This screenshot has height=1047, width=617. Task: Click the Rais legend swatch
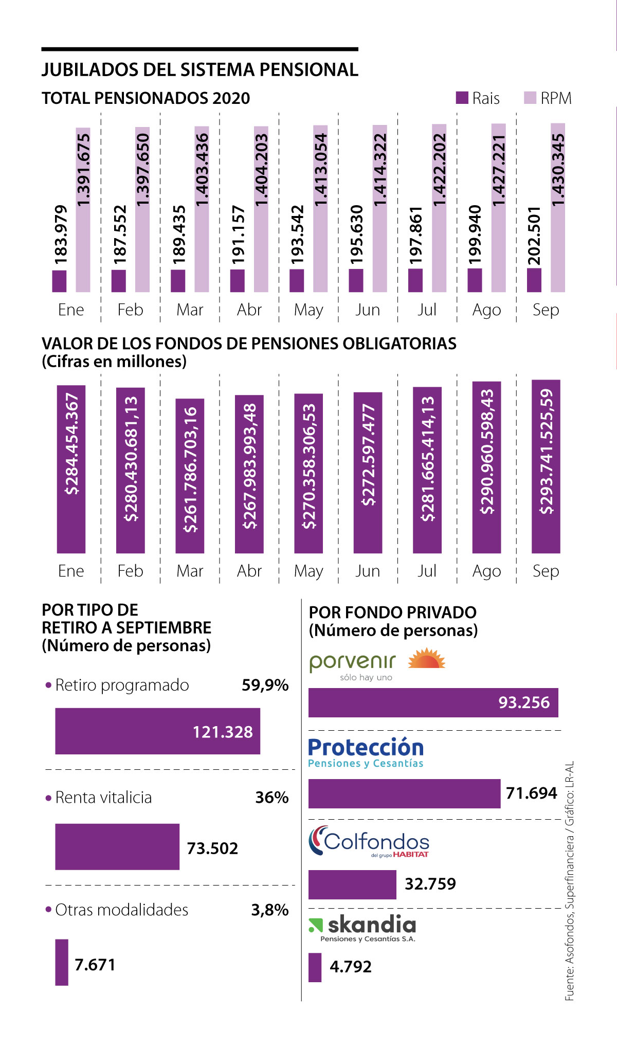tap(462, 98)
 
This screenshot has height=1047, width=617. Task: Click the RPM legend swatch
tap(530, 98)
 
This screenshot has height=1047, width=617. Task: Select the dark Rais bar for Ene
tap(59, 281)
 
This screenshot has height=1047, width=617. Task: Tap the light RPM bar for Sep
tap(558, 208)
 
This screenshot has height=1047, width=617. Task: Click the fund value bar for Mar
tap(190, 476)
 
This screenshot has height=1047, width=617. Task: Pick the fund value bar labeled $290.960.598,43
tap(486, 467)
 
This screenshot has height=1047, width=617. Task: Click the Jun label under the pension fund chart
tap(368, 571)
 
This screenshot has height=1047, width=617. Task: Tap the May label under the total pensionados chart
tap(308, 310)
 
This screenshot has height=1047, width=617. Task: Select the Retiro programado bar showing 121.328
tap(157, 731)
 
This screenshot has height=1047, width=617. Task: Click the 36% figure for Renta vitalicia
tap(272, 797)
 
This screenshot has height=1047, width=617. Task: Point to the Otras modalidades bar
tap(62, 962)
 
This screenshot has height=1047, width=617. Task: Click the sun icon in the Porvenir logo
tap(426, 659)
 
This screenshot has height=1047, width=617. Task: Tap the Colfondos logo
tap(369, 841)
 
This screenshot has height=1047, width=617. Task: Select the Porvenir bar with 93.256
tap(433, 702)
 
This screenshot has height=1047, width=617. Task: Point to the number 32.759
tap(430, 883)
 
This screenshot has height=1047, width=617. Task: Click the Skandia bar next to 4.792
tap(315, 967)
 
